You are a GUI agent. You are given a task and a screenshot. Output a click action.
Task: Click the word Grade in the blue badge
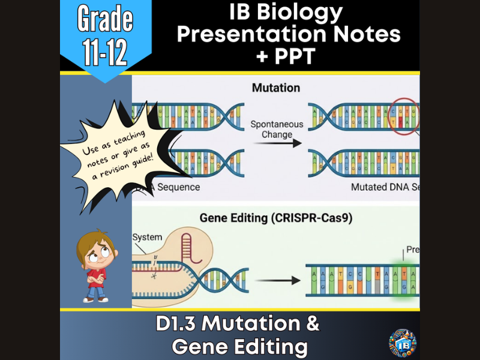click(x=106, y=20)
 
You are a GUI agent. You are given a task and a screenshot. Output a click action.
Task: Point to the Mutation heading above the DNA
click(x=275, y=88)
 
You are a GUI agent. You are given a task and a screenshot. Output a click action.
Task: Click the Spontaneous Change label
click(x=277, y=130)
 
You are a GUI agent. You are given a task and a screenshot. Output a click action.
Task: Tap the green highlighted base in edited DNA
click(x=404, y=279)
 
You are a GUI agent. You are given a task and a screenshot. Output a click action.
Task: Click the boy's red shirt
click(x=96, y=277)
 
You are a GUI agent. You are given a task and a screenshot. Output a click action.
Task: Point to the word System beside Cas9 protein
click(x=147, y=238)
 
